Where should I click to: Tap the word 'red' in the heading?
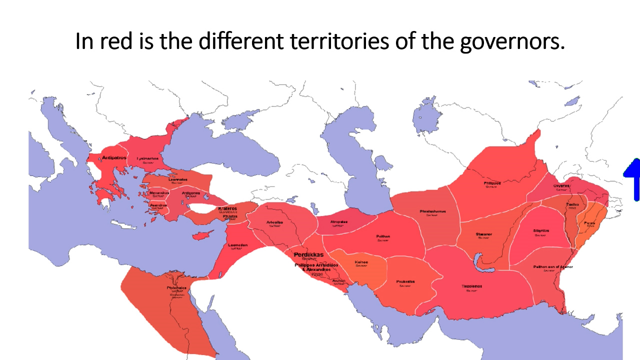click(119, 41)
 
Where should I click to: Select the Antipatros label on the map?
click(114, 157)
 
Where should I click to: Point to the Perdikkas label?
click(308, 254)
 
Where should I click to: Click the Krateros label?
click(227, 208)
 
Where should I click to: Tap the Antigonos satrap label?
click(191, 193)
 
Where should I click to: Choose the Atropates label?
click(339, 222)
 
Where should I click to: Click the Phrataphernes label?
click(432, 211)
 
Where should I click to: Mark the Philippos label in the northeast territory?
click(492, 183)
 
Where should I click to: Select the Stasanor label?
click(483, 234)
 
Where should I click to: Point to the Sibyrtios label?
click(541, 231)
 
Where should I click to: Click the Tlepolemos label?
click(472, 286)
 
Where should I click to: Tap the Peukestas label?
click(405, 282)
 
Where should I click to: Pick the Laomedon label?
click(237, 245)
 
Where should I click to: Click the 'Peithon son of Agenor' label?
click(553, 267)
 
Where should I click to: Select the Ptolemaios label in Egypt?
click(176, 288)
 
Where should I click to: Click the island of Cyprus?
click(200, 235)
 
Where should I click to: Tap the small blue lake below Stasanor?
click(481, 261)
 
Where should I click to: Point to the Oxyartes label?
click(561, 186)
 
